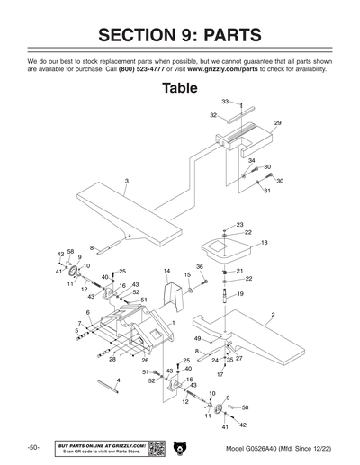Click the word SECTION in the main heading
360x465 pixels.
point(144,35)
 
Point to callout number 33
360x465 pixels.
point(225,102)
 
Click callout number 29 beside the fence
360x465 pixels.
point(277,122)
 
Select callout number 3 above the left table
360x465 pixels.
point(127,182)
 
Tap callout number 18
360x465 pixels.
point(264,243)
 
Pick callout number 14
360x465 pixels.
point(166,270)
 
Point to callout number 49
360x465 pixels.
point(197,338)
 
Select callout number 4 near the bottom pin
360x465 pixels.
point(118,380)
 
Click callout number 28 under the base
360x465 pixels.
point(112,359)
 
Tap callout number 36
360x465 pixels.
point(199,267)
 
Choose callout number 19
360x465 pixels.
point(240,294)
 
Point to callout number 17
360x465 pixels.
point(220,374)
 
